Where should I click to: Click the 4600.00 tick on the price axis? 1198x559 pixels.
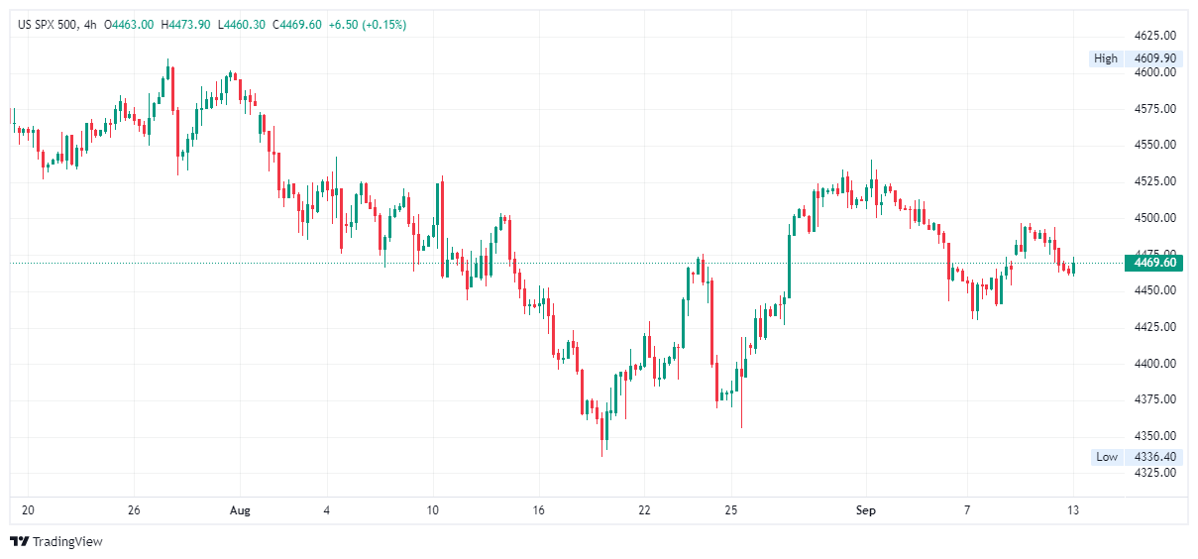pyautogui.click(x=1155, y=72)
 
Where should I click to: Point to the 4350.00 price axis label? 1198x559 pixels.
pyautogui.click(x=1155, y=436)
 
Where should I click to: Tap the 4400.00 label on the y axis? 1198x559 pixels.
pyautogui.click(x=1155, y=364)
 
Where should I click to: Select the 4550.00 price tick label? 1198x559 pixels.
pyautogui.click(x=1155, y=145)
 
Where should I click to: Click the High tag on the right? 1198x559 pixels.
pyautogui.click(x=1105, y=58)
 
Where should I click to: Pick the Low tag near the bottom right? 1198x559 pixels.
pyautogui.click(x=1106, y=457)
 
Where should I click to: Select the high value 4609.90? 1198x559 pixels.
pyautogui.click(x=1155, y=58)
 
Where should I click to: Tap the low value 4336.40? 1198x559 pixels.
pyautogui.click(x=1155, y=457)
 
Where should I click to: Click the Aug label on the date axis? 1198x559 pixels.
pyautogui.click(x=240, y=510)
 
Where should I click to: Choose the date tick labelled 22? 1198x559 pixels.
pyautogui.click(x=644, y=510)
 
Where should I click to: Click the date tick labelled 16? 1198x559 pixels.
pyautogui.click(x=538, y=510)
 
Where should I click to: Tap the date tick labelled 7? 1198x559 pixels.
pyautogui.click(x=968, y=510)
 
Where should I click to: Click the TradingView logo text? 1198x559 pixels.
pyautogui.click(x=67, y=542)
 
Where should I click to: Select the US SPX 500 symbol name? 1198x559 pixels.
pyautogui.click(x=49, y=25)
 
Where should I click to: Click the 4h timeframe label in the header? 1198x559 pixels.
pyautogui.click(x=91, y=25)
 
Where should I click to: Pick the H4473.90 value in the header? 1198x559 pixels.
pyautogui.click(x=185, y=25)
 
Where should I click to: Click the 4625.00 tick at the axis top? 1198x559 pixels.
pyautogui.click(x=1155, y=36)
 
